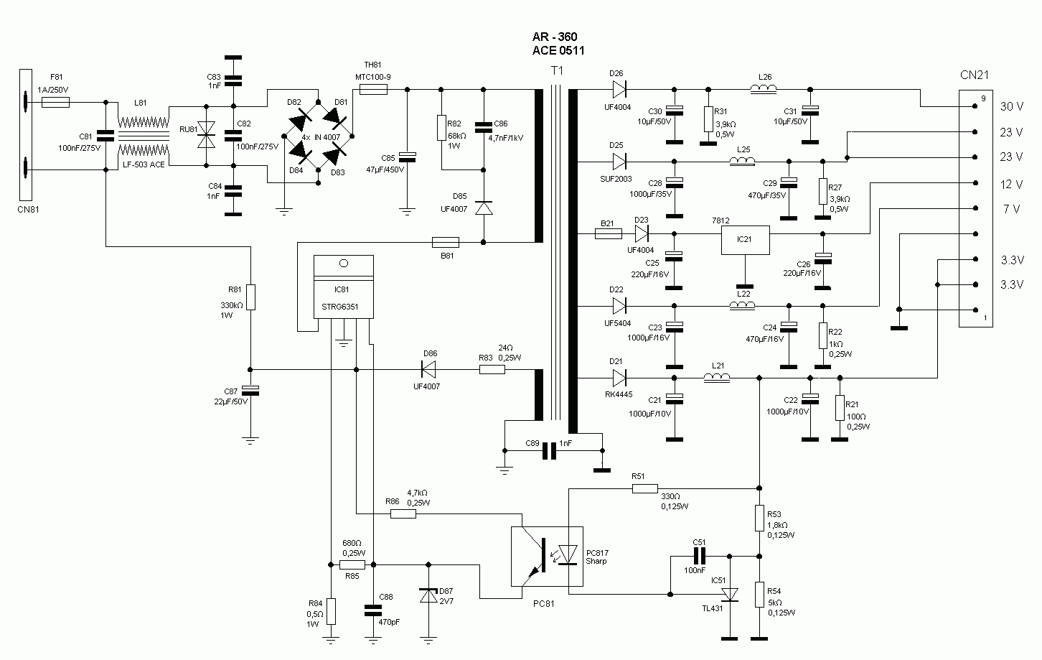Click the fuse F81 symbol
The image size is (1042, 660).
click(x=55, y=103)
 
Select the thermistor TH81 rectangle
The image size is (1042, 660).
click(x=372, y=90)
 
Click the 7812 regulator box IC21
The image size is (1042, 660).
click(x=745, y=240)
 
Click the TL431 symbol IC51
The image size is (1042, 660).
click(x=730, y=595)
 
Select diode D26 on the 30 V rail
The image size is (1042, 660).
click(x=619, y=90)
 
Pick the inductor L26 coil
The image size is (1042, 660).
click(x=765, y=90)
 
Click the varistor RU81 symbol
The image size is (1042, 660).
click(x=207, y=135)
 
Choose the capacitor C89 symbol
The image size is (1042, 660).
click(x=550, y=450)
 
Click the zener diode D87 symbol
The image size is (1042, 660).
click(x=428, y=595)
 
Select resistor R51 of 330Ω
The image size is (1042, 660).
click(x=644, y=488)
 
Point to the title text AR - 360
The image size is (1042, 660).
click(x=554, y=37)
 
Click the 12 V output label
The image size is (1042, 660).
click(x=1011, y=185)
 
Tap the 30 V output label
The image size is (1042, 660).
click(x=1011, y=106)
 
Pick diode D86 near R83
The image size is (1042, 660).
click(x=428, y=370)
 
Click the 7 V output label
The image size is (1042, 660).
click(x=1011, y=209)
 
